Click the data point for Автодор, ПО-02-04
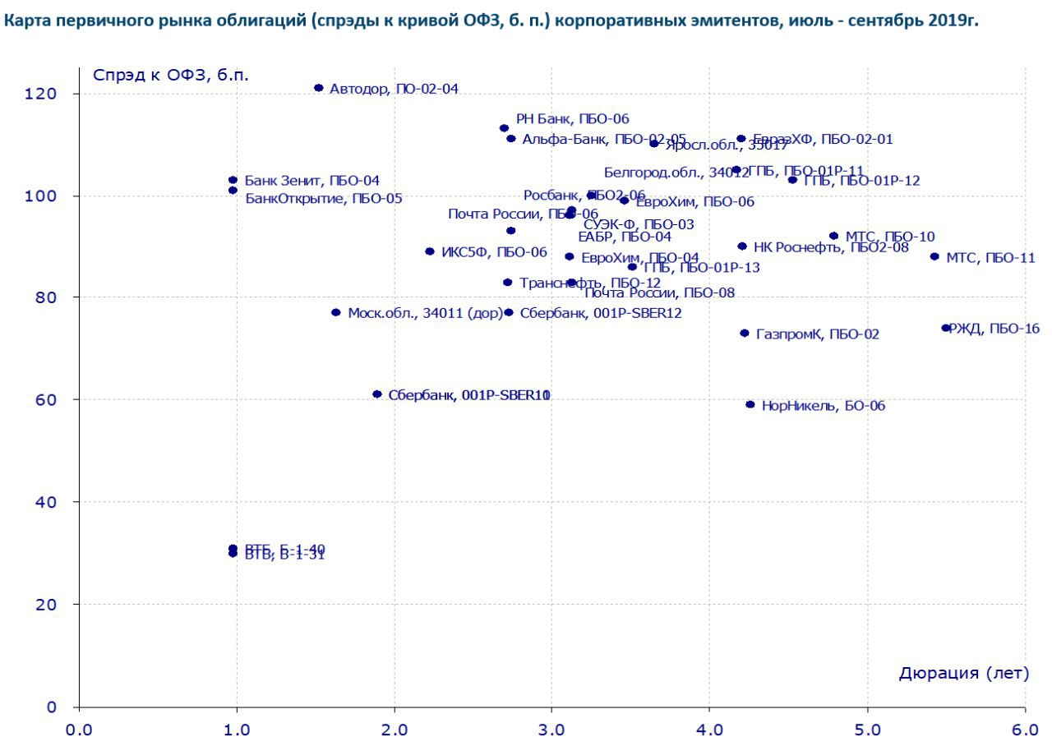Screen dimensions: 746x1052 point(319,88)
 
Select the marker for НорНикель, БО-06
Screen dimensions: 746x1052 point(750,404)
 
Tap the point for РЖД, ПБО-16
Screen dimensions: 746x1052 point(946,328)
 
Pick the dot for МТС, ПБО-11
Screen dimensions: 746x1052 point(934,256)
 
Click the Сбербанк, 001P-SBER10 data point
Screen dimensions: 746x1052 point(377,394)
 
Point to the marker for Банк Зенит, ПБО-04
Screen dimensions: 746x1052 point(233,180)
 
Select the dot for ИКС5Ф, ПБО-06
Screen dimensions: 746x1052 point(430,251)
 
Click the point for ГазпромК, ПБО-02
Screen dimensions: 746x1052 point(745,333)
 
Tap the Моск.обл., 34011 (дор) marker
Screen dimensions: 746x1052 point(335,312)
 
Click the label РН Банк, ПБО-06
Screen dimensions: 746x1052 point(572,119)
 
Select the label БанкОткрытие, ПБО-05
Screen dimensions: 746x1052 point(323,198)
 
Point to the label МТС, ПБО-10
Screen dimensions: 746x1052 point(889,237)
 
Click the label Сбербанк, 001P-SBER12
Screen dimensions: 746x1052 point(601,312)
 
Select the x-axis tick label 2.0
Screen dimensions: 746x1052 point(394,730)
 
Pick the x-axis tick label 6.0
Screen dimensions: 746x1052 point(1025,730)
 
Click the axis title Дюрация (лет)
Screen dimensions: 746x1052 point(963,674)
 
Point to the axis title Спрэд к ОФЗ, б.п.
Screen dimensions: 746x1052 point(171,75)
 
